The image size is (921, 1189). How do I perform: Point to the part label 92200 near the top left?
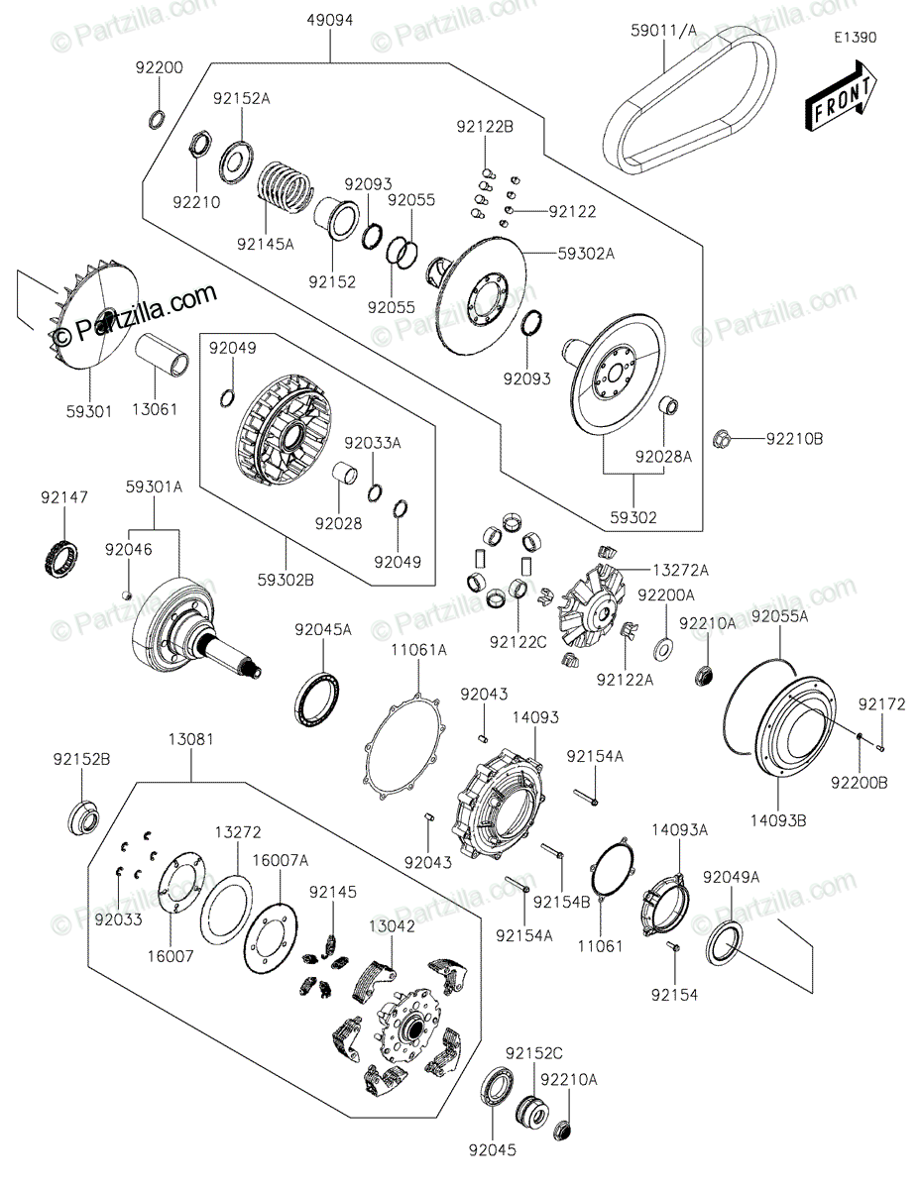tap(159, 67)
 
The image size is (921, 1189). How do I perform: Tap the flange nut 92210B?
tap(725, 436)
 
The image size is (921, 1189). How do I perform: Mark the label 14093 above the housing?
tap(535, 715)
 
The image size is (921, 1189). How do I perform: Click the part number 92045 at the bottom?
tap(494, 1150)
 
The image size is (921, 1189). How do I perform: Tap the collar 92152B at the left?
tap(82, 819)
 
